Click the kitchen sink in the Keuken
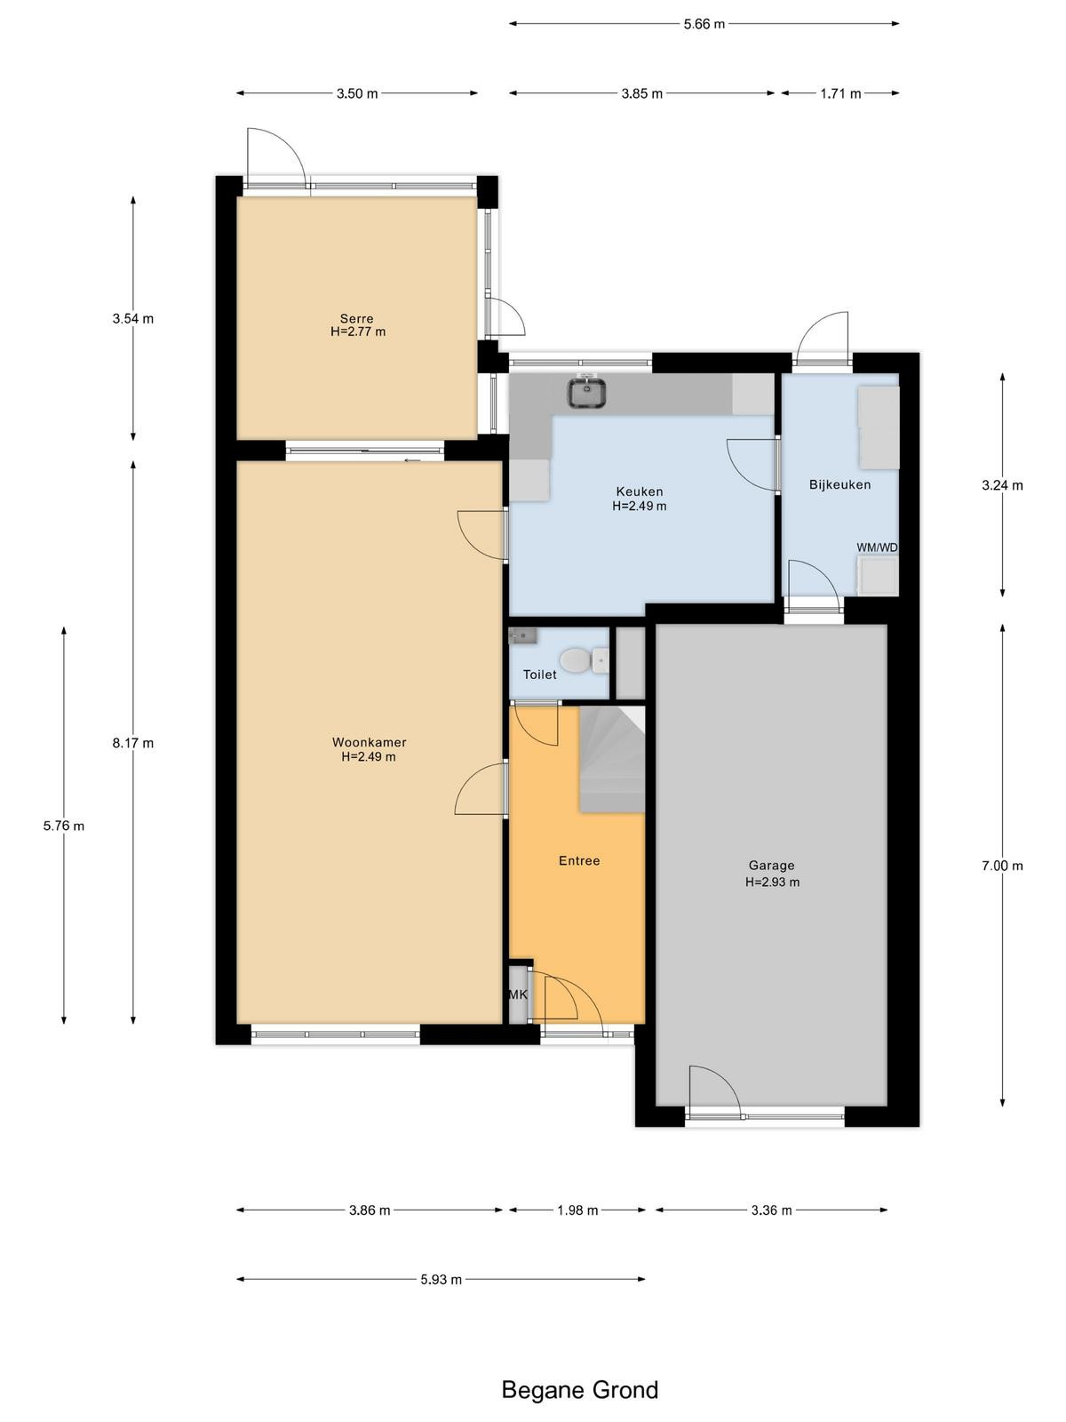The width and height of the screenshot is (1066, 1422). click(586, 392)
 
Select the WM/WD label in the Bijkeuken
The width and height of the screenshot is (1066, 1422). click(877, 547)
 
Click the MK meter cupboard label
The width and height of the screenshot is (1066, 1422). click(518, 994)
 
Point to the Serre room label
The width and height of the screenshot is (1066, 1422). click(356, 318)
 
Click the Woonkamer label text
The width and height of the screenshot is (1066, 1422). click(369, 742)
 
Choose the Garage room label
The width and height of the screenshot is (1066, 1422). click(771, 865)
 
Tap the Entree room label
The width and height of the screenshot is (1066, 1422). click(579, 860)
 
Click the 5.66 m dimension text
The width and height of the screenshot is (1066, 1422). click(704, 24)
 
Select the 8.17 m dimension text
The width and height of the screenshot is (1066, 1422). click(132, 743)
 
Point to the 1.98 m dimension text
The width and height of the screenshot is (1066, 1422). click(577, 1210)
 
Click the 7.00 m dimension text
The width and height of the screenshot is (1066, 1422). click(1002, 866)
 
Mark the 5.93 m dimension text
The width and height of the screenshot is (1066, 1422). click(441, 1280)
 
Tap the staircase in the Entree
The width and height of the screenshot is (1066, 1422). click(612, 759)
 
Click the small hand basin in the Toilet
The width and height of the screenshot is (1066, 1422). click(523, 636)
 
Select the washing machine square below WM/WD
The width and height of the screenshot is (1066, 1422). click(878, 576)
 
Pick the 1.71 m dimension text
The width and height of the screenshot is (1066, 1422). click(840, 93)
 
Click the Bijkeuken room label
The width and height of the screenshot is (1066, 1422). click(839, 484)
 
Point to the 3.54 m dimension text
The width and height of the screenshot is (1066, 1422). click(132, 318)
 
